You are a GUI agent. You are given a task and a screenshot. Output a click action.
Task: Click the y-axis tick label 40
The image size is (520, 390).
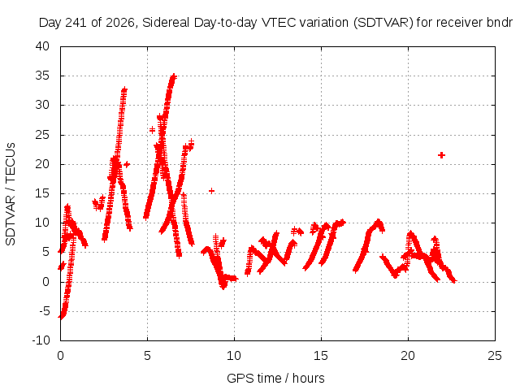coord(42,46)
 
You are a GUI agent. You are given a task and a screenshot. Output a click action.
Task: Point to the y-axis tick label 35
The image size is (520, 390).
coord(42,76)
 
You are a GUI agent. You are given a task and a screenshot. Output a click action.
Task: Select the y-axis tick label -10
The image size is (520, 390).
coord(41,340)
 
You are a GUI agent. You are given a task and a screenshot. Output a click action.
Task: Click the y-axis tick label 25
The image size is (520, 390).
coord(42,135)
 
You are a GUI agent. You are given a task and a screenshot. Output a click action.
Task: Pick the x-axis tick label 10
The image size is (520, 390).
coord(234,356)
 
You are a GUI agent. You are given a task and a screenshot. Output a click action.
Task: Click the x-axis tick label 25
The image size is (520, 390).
coord(495,356)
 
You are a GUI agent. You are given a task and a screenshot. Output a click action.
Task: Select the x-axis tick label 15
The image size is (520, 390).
coord(321,356)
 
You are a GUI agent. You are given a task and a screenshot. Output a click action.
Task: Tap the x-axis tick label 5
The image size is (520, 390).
coord(147,356)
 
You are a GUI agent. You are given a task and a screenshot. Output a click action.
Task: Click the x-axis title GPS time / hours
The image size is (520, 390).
coord(275,378)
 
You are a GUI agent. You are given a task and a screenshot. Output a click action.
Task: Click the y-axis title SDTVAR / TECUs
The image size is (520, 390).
coord(11,194)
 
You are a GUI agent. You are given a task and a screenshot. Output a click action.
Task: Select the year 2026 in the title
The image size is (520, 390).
coord(119,23)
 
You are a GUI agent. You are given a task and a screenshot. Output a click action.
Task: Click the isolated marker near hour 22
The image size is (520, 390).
coord(441,155)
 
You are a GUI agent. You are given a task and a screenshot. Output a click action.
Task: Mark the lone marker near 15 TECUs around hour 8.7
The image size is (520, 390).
coord(211,191)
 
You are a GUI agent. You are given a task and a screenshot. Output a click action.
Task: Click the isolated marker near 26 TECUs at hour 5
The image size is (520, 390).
coord(152,130)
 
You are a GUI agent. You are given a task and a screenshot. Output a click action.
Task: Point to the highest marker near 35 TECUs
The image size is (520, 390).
coord(173,76)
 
